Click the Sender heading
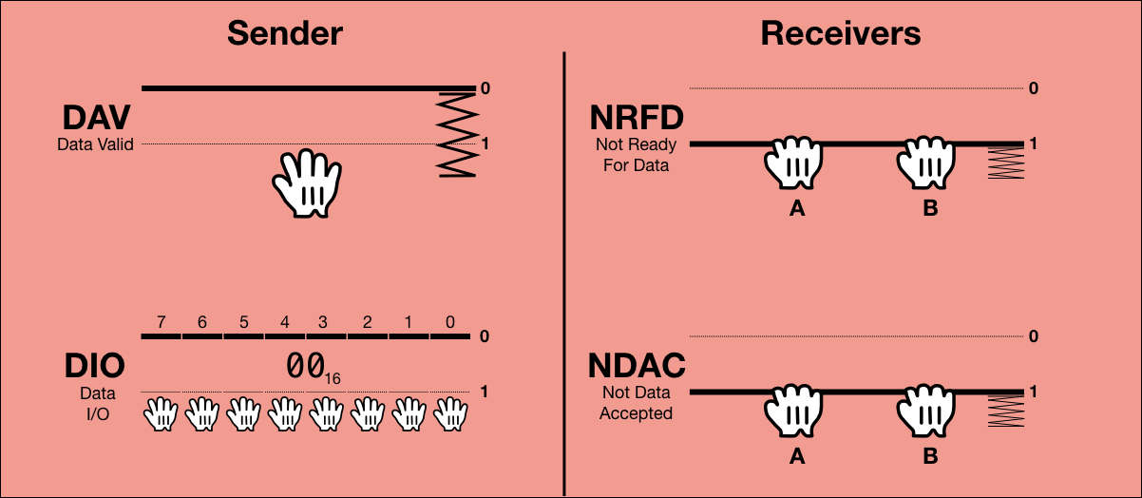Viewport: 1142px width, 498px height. [284, 33]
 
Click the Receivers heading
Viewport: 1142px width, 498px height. [840, 33]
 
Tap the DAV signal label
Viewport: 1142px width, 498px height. [96, 119]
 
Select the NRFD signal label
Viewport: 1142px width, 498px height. [637, 119]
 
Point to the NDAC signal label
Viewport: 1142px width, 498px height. [637, 367]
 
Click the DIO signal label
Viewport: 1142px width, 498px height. [94, 367]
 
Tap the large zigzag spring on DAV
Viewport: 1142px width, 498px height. [455, 133]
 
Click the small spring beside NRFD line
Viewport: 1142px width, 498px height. [1005, 163]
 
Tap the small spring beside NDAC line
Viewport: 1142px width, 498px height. [1005, 412]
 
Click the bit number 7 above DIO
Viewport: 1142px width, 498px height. [162, 323]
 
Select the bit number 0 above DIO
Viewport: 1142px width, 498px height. [449, 323]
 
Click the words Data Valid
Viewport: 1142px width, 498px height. [95, 145]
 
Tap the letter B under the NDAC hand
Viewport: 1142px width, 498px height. [930, 457]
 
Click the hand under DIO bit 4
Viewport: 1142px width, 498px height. [285, 414]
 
